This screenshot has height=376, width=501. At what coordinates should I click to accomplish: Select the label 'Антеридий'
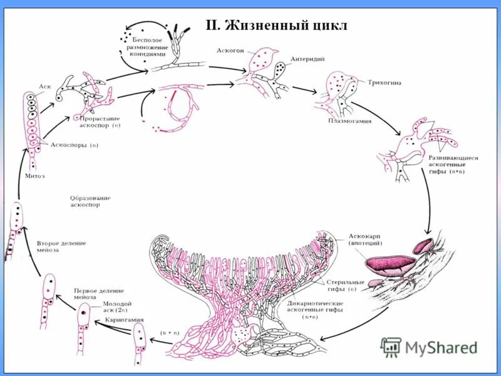[x=306, y=60]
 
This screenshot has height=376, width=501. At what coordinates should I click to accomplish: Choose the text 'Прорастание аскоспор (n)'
[x=100, y=122]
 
